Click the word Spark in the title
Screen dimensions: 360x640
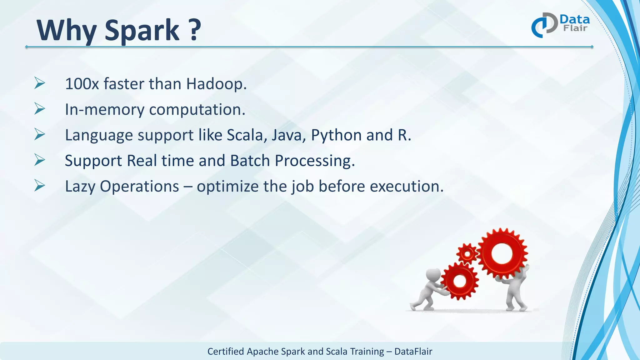[142, 31]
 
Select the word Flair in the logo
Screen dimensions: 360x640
[575, 28]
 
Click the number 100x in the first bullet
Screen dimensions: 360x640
[82, 84]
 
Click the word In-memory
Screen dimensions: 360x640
[104, 109]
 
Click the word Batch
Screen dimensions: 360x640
[250, 161]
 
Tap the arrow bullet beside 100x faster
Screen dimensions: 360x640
[40, 83]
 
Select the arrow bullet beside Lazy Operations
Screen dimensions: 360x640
[40, 186]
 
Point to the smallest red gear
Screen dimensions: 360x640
[467, 253]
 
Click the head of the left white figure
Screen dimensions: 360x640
[434, 275]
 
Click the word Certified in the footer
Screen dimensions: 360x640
[226, 352]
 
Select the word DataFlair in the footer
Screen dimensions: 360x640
[413, 352]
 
